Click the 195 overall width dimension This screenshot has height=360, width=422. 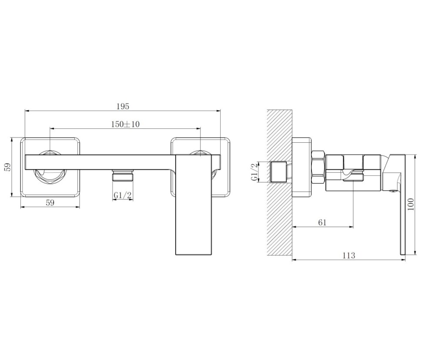pyautogui.click(x=123, y=106)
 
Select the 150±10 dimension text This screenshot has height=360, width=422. pyautogui.click(x=125, y=124)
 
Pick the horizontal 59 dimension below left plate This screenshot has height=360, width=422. pyautogui.click(x=50, y=202)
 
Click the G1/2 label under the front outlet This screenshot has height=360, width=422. pyautogui.click(x=123, y=195)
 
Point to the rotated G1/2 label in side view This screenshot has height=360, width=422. pyautogui.click(x=255, y=172)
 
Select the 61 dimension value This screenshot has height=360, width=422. pyautogui.click(x=322, y=222)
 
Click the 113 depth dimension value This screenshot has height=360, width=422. pyautogui.click(x=349, y=255)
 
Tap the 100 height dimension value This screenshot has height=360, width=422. pyautogui.click(x=411, y=204)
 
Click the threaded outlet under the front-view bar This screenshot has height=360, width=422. pyautogui.click(x=123, y=175)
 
